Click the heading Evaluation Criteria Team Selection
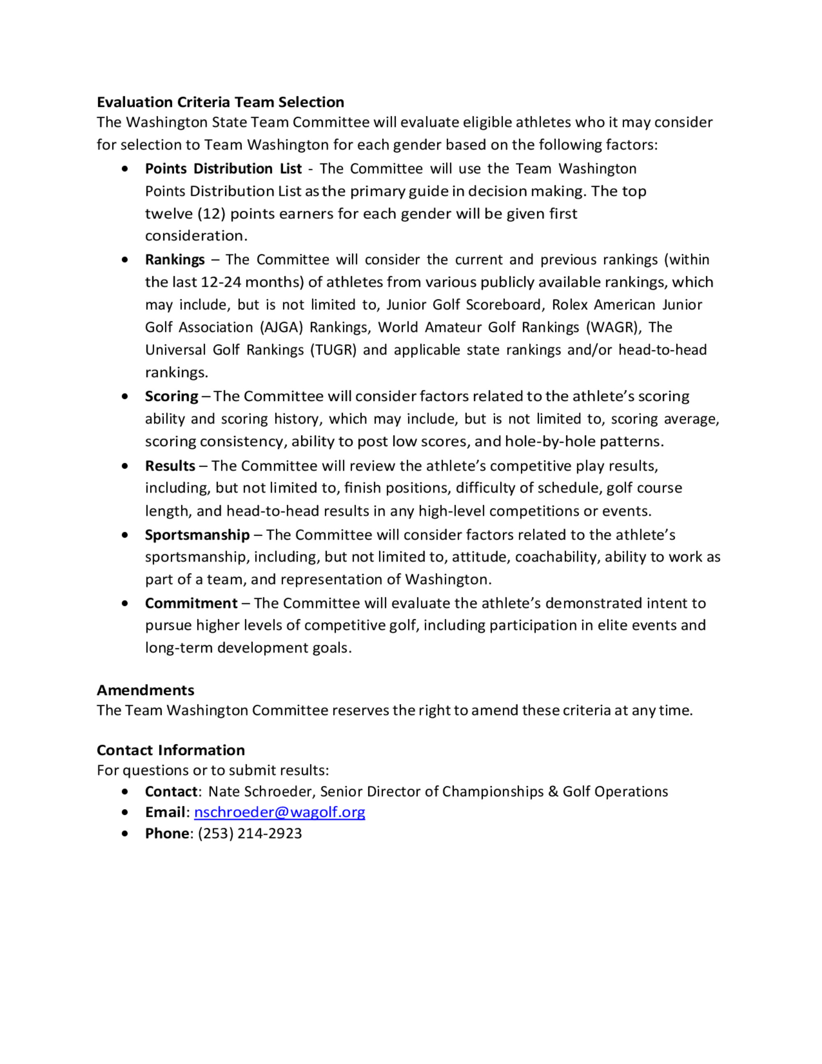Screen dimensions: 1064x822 (220, 102)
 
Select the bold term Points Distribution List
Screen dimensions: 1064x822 (223, 169)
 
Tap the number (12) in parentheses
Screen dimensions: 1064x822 (211, 214)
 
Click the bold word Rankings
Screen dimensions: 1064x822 (174, 260)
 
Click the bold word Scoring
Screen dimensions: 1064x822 (171, 396)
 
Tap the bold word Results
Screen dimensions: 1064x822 (170, 466)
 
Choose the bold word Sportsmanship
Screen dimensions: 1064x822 (197, 535)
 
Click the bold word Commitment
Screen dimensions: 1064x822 (191, 603)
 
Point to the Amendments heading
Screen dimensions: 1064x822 (145, 690)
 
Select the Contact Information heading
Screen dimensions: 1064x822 (171, 750)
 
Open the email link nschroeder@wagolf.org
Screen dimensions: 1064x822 (279, 812)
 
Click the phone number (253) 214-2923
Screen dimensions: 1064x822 (250, 833)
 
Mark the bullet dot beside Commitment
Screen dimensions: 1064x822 (126, 603)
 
